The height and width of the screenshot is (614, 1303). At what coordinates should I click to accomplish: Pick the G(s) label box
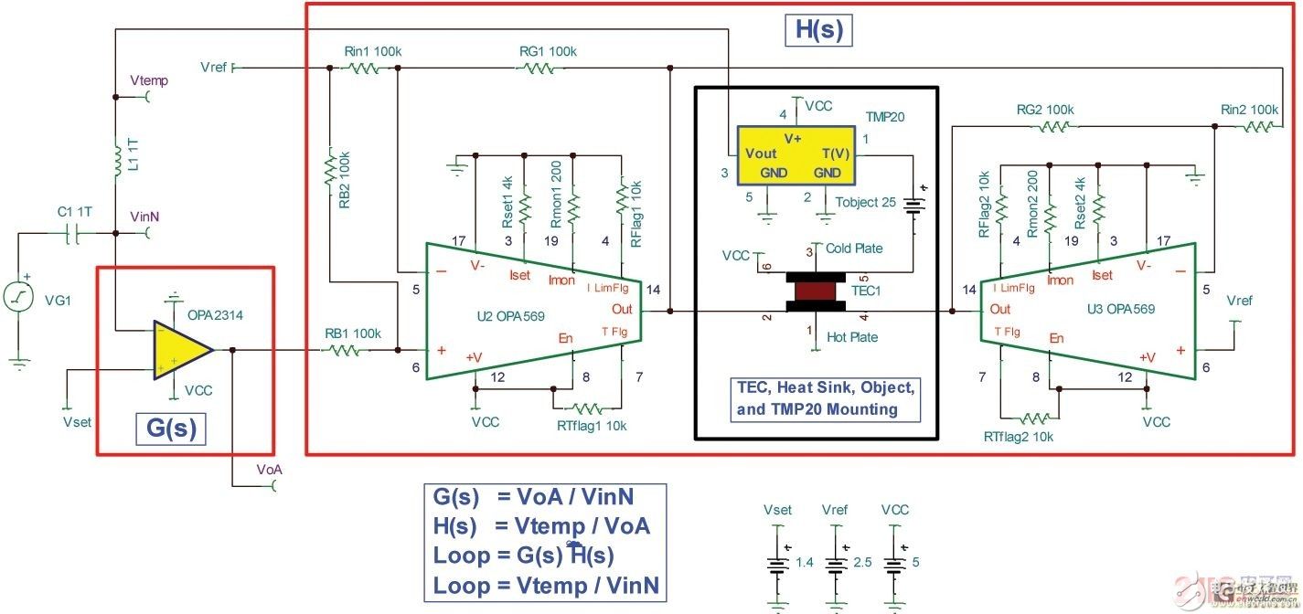click(x=172, y=428)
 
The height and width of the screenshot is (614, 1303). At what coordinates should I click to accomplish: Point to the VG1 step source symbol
click(x=17, y=298)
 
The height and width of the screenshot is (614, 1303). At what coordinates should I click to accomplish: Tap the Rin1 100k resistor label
click(x=372, y=51)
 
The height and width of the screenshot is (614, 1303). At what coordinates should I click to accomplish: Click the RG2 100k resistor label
click(x=1045, y=110)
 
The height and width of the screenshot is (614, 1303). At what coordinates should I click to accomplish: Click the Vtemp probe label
click(x=149, y=80)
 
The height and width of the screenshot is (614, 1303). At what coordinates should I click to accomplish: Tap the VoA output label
click(x=269, y=469)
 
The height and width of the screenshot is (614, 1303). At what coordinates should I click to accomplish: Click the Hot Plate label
click(x=851, y=337)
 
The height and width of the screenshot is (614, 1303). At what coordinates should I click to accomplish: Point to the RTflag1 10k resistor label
click(x=592, y=426)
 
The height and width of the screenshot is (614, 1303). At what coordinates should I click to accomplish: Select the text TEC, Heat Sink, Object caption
click(x=826, y=386)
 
